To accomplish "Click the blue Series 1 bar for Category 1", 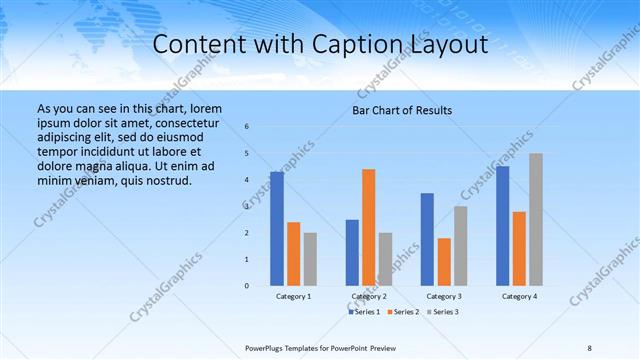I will (277, 229).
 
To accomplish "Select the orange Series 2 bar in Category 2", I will (368, 227).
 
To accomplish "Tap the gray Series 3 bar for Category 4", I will (536, 220).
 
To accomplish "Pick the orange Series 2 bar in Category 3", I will (443, 262).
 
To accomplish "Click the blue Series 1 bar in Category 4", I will (502, 226).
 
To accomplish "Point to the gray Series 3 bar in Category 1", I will (310, 259).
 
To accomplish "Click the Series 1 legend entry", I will (364, 312).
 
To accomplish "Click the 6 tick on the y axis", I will (247, 127).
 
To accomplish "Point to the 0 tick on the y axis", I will (247, 286).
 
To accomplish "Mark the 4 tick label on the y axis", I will (247, 180).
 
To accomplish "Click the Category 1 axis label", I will (293, 297).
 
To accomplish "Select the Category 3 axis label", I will (443, 297).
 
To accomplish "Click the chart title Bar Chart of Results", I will (402, 110).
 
